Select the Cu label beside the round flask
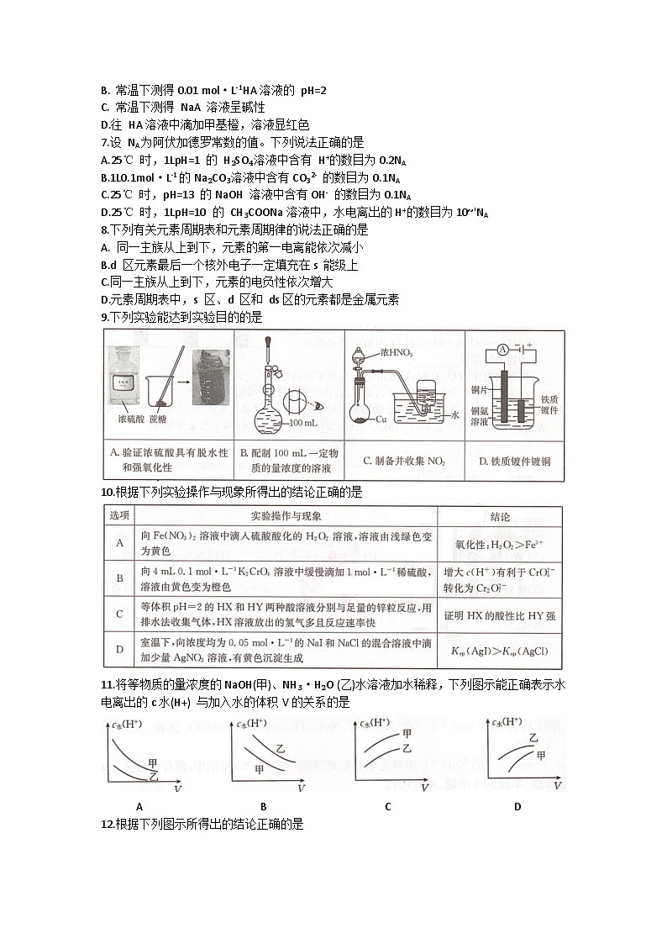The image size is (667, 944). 381,418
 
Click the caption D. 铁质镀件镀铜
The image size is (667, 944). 513,461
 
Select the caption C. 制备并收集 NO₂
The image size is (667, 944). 404,461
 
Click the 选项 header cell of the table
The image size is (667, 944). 120,515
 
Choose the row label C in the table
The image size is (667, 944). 120,615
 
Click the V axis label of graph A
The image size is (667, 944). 178,789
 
